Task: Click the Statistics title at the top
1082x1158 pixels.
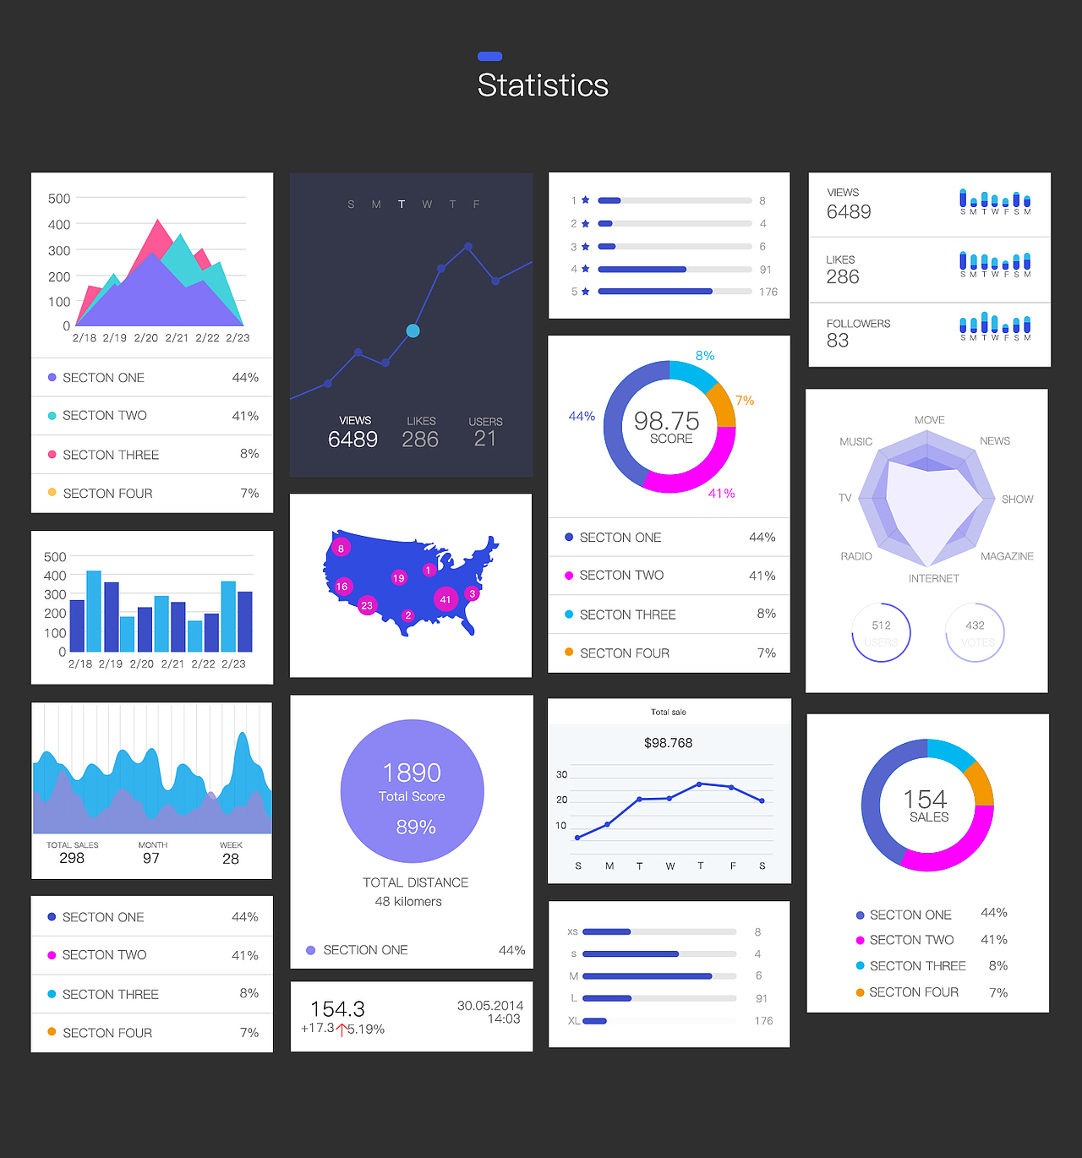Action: point(543,85)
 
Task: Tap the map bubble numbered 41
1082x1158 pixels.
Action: point(445,599)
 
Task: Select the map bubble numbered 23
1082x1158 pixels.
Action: point(367,605)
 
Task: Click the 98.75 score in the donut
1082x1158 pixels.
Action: point(667,421)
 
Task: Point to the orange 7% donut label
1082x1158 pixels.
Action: point(744,401)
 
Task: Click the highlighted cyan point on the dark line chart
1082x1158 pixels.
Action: point(413,330)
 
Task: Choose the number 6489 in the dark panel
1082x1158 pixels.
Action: point(352,440)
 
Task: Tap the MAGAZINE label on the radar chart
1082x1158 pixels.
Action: point(1007,556)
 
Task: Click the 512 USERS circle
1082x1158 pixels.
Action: point(881,632)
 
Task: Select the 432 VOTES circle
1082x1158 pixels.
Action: point(975,632)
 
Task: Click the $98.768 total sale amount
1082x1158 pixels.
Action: point(668,743)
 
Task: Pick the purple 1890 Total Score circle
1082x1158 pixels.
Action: point(413,791)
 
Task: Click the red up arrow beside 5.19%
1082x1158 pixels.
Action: point(342,1030)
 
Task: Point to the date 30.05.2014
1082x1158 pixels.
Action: point(490,1005)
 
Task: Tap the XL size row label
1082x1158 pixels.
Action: point(574,1021)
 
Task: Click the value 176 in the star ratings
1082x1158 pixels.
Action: point(768,292)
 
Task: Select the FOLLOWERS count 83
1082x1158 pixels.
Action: point(838,341)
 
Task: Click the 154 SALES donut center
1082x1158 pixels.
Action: point(927,806)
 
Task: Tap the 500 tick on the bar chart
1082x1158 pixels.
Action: point(55,557)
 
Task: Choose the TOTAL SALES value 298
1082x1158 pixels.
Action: point(72,859)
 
